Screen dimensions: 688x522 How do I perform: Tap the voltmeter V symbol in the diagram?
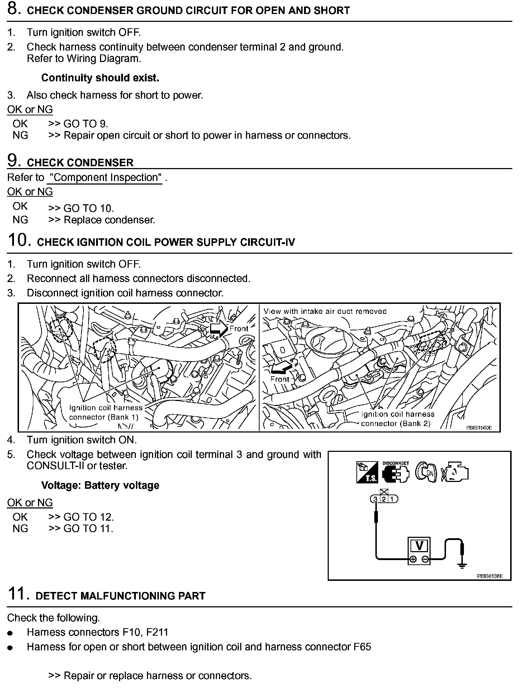click(x=419, y=546)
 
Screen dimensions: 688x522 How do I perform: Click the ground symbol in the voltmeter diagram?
click(x=462, y=566)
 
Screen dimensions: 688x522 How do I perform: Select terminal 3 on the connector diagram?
click(x=375, y=499)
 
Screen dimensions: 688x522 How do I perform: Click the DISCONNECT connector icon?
click(x=395, y=472)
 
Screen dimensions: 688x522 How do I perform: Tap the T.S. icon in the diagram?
click(x=367, y=472)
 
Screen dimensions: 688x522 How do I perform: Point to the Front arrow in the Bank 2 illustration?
click(x=282, y=367)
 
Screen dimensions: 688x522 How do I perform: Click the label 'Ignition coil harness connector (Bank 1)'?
click(x=105, y=412)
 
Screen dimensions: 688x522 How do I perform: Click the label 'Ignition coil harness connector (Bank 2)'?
click(x=397, y=419)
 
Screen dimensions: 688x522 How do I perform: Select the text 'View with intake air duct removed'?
click(x=325, y=311)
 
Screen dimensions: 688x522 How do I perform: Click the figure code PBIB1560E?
click(x=479, y=427)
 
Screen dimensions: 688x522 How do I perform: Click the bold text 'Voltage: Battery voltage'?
click(x=100, y=486)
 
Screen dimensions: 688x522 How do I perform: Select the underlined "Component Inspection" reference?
click(x=105, y=178)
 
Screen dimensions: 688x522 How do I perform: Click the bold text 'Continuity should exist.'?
click(x=100, y=78)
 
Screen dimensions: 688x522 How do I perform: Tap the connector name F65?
click(x=362, y=647)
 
